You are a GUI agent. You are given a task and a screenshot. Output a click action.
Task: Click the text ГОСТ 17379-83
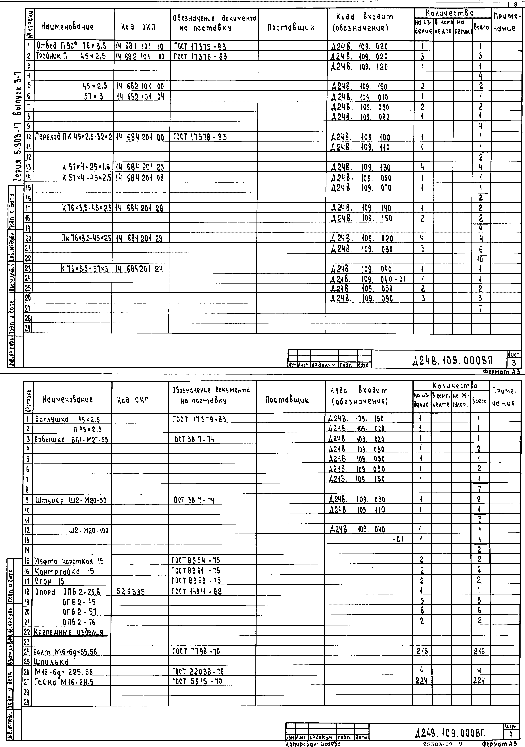coord(199,419)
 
